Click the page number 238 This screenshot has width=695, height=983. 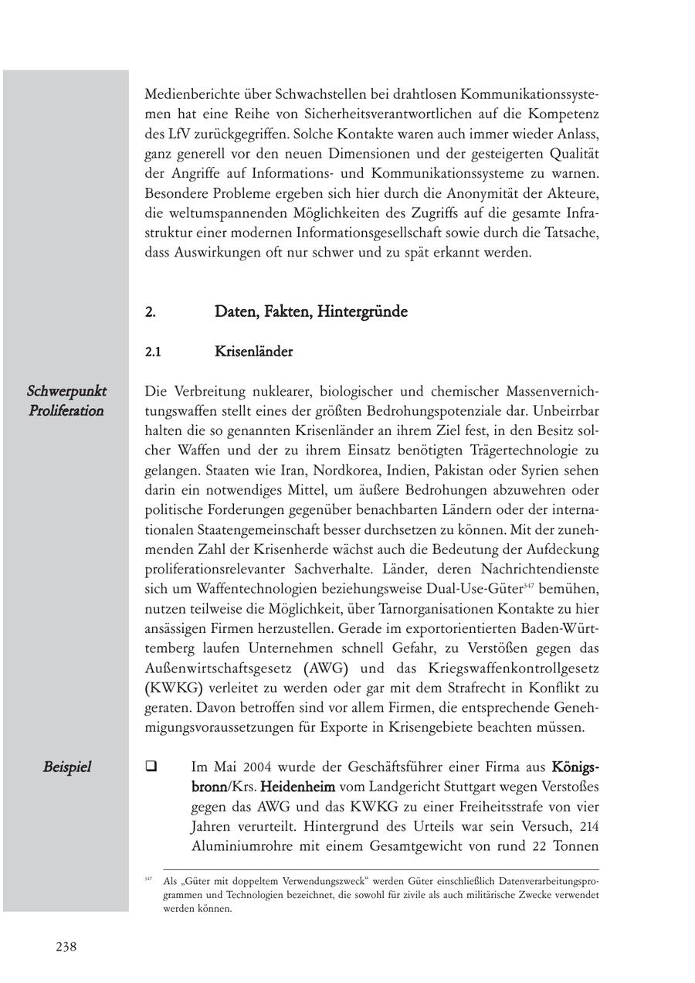pyautogui.click(x=66, y=947)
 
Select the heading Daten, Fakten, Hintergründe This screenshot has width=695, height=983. pyautogui.click(x=310, y=312)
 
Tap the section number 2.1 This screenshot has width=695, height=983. pyautogui.click(x=153, y=352)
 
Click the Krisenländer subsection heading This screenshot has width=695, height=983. pyautogui.click(x=253, y=352)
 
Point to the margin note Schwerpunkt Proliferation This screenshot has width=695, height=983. pyautogui.click(x=66, y=400)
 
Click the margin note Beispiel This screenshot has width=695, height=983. pyautogui.click(x=66, y=767)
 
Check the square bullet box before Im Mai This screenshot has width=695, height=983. pyautogui.click(x=151, y=767)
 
